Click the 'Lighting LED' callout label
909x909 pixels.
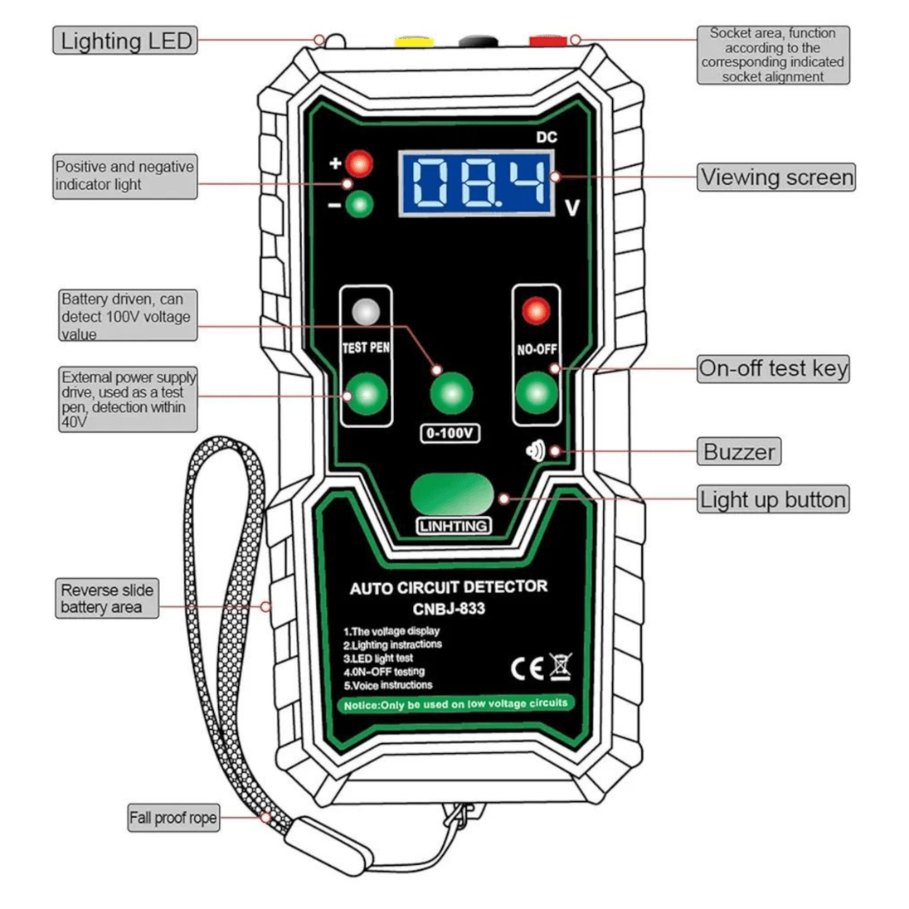125,41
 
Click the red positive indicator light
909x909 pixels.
360,163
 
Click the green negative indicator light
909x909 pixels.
360,204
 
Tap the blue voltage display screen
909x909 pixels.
476,183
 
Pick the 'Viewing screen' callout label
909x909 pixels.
775,177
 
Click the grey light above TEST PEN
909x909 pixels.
366,312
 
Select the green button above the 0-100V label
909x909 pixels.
451,393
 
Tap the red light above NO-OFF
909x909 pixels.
536,312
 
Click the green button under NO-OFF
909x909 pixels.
537,393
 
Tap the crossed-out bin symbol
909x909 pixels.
561,666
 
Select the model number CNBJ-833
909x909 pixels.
449,609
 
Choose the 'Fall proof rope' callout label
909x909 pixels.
173,818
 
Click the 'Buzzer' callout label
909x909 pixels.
739,452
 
